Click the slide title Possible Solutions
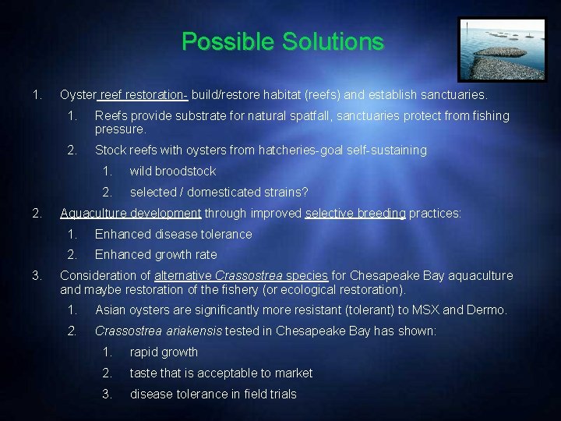pos(283,42)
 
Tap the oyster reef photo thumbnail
pos(502,49)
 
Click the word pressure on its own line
pos(120,129)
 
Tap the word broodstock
pos(185,171)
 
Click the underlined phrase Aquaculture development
pos(131,213)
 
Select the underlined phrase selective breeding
pos(355,213)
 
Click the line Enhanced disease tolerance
pos(174,234)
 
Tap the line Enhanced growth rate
pos(156,254)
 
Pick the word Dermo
pos(486,310)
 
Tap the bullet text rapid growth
pos(164,352)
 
